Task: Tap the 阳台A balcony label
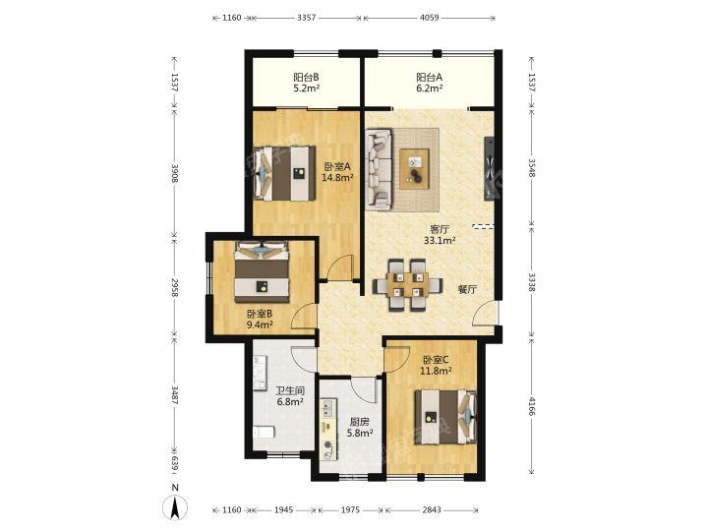(x=429, y=83)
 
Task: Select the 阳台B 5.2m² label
(x=306, y=83)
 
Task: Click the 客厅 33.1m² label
(x=440, y=235)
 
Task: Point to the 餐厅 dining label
(x=467, y=289)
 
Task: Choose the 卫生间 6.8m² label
(x=289, y=396)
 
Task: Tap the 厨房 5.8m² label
(x=360, y=428)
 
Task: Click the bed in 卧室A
(x=284, y=173)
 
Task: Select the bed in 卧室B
(x=262, y=271)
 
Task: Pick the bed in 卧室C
(x=445, y=417)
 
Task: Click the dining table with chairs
(x=407, y=285)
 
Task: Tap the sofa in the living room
(x=379, y=170)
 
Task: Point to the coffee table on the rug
(x=415, y=169)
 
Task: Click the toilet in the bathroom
(x=264, y=432)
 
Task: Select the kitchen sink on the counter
(x=328, y=408)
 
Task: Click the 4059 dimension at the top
(x=429, y=18)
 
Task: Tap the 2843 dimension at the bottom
(x=432, y=509)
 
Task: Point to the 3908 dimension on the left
(x=175, y=173)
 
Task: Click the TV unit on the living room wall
(x=489, y=169)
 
